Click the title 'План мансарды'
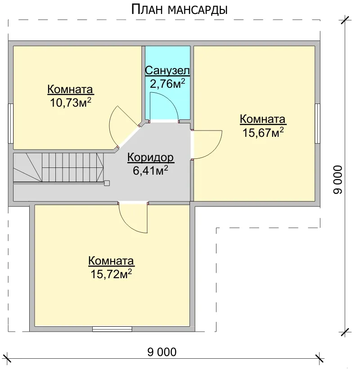[x=179, y=10]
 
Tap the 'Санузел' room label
[x=167, y=70]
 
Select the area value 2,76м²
[x=167, y=84]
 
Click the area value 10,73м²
[x=71, y=103]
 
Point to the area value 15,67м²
[x=263, y=132]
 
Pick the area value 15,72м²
[x=111, y=274]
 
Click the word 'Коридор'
[x=150, y=158]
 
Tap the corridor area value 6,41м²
[x=150, y=171]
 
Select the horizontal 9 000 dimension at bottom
[x=162, y=352]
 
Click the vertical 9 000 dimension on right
[x=337, y=179]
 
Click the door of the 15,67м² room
[x=207, y=144]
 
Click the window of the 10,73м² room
[x=10, y=123]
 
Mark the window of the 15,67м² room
[x=318, y=123]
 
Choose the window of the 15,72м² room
[x=112, y=329]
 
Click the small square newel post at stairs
[x=107, y=183]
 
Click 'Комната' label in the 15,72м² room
[x=111, y=261]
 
